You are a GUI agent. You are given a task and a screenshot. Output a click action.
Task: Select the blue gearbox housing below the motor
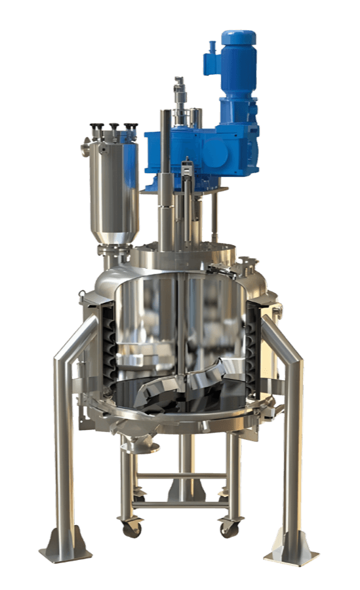click(x=197, y=151)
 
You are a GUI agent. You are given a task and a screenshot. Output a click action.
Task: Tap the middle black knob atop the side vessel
click(x=114, y=126)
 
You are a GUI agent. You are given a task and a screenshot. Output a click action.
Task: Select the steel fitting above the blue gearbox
click(x=179, y=92)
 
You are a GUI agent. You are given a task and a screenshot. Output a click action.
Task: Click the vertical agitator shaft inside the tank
click(x=178, y=328)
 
